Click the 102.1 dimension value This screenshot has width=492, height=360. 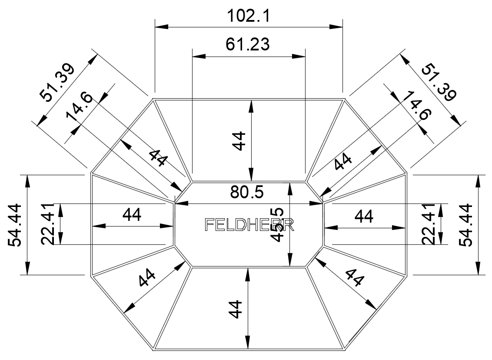pos(249,17)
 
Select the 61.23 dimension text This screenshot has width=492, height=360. pos(248,44)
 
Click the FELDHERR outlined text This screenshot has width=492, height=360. pos(249,224)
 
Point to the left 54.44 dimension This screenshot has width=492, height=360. pos(16,224)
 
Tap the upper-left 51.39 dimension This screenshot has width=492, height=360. pos(57,82)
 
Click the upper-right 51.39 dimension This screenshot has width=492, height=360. pos(439,82)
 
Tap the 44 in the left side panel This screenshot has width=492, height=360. pos(132,215)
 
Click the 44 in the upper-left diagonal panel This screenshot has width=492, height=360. pos(157,158)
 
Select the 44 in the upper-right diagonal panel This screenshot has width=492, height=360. pos(343,163)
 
